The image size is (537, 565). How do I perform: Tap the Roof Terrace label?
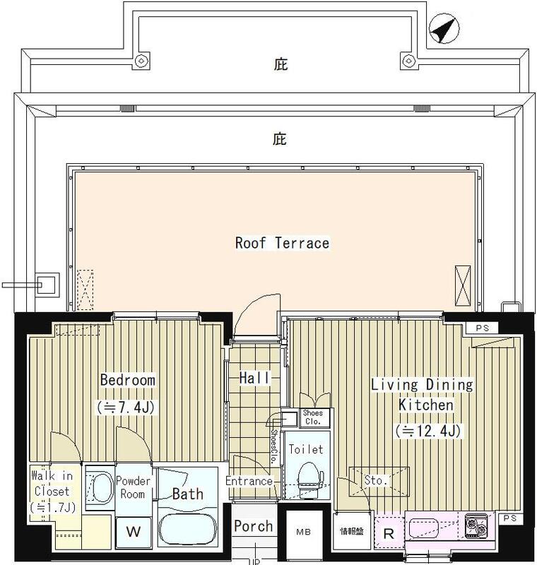282,243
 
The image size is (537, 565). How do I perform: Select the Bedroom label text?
127,380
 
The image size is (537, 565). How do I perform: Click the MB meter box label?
303,531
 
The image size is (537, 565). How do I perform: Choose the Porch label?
253,526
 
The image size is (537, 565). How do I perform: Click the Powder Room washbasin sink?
100,489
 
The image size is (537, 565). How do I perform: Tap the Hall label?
254,379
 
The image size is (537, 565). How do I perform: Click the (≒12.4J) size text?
430,429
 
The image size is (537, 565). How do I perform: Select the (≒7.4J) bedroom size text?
127,408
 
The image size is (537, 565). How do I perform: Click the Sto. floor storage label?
376,480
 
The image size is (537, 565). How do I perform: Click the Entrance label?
249,481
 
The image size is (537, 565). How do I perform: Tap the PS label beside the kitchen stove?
510,520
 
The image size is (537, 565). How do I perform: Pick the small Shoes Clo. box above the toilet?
312,417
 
